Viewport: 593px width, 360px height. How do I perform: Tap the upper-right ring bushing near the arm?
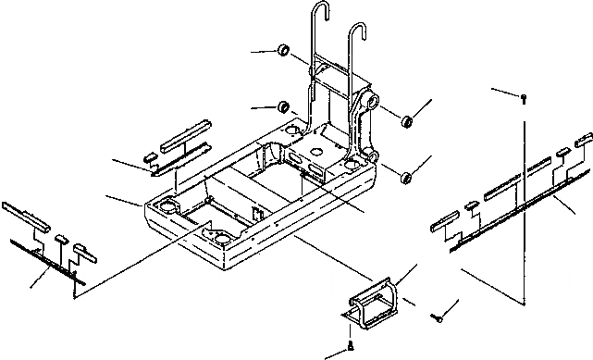[406, 120]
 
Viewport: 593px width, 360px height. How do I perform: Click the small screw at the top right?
[525, 96]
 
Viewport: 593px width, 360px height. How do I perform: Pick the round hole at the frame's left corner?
[169, 203]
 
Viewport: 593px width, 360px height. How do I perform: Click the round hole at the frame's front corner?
[222, 239]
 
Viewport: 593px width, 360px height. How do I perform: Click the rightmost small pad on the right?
[584, 140]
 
